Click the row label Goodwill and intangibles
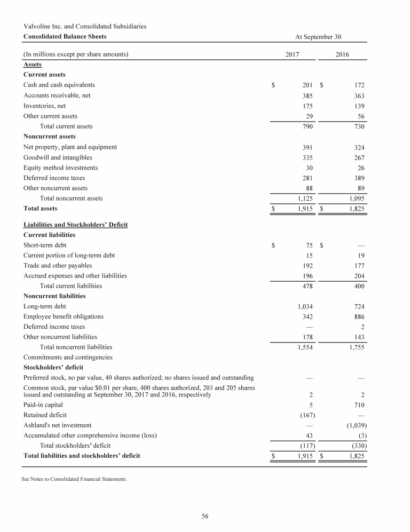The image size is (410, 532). (58, 157)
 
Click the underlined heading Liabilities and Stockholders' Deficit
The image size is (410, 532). (75, 225)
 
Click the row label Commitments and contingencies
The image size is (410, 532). (67, 357)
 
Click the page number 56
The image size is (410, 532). (204, 515)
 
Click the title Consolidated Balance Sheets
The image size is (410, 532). (65, 36)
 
